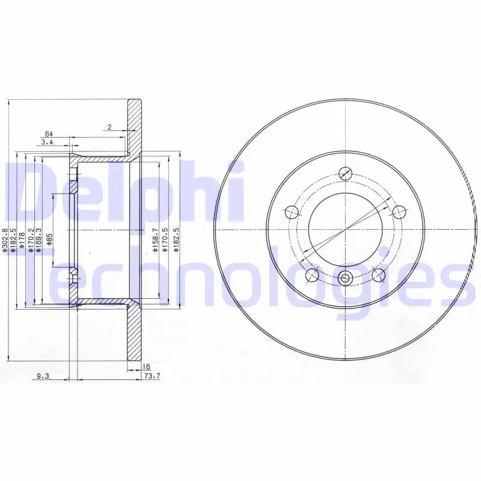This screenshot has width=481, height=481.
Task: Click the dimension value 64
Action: tap(49, 133)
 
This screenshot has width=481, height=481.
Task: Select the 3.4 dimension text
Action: tap(47, 142)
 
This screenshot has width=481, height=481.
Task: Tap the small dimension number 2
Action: tap(110, 127)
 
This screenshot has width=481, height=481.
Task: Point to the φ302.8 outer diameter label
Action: tap(5, 240)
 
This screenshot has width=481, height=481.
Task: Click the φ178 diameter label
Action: tap(22, 240)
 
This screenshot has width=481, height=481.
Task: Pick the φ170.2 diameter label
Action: tap(31, 240)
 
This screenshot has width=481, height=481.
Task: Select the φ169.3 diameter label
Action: tap(38, 240)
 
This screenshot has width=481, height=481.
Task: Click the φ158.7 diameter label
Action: tap(156, 240)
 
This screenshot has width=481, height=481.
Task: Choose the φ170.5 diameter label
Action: tap(165, 240)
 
